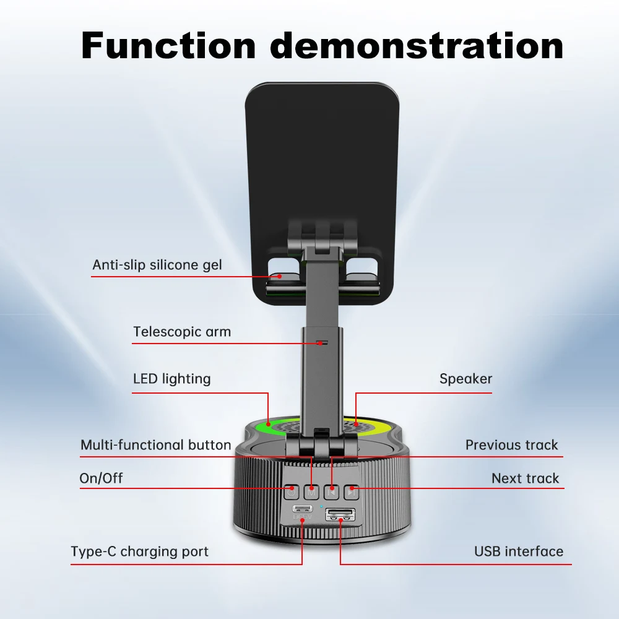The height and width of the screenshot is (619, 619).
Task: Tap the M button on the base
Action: pyautogui.click(x=312, y=493)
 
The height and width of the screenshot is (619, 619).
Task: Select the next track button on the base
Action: pyautogui.click(x=352, y=493)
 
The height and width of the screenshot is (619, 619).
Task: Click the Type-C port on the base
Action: pyautogui.click(x=303, y=509)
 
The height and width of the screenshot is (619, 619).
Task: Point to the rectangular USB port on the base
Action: pyautogui.click(x=340, y=513)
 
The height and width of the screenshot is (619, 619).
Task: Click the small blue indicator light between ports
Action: pyautogui.click(x=321, y=506)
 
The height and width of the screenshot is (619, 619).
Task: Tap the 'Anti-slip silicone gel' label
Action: pyautogui.click(x=157, y=265)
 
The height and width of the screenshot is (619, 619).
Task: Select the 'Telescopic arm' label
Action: pyautogui.click(x=182, y=332)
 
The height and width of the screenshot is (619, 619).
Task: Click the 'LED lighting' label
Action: pyautogui.click(x=171, y=378)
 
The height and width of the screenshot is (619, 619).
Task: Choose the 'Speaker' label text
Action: pyautogui.click(x=465, y=379)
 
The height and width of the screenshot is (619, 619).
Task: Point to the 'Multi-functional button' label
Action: pyautogui.click(x=155, y=445)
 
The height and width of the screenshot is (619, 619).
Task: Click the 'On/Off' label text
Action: pyautogui.click(x=101, y=478)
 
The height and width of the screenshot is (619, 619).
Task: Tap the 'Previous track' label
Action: pyautogui.click(x=511, y=445)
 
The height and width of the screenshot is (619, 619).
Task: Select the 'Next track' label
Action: pyautogui.click(x=525, y=478)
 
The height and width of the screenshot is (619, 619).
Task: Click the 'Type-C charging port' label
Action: pyautogui.click(x=139, y=552)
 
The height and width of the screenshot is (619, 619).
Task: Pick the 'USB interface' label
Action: pyautogui.click(x=519, y=552)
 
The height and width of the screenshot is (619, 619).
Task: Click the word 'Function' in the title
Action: pyautogui.click(x=168, y=45)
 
